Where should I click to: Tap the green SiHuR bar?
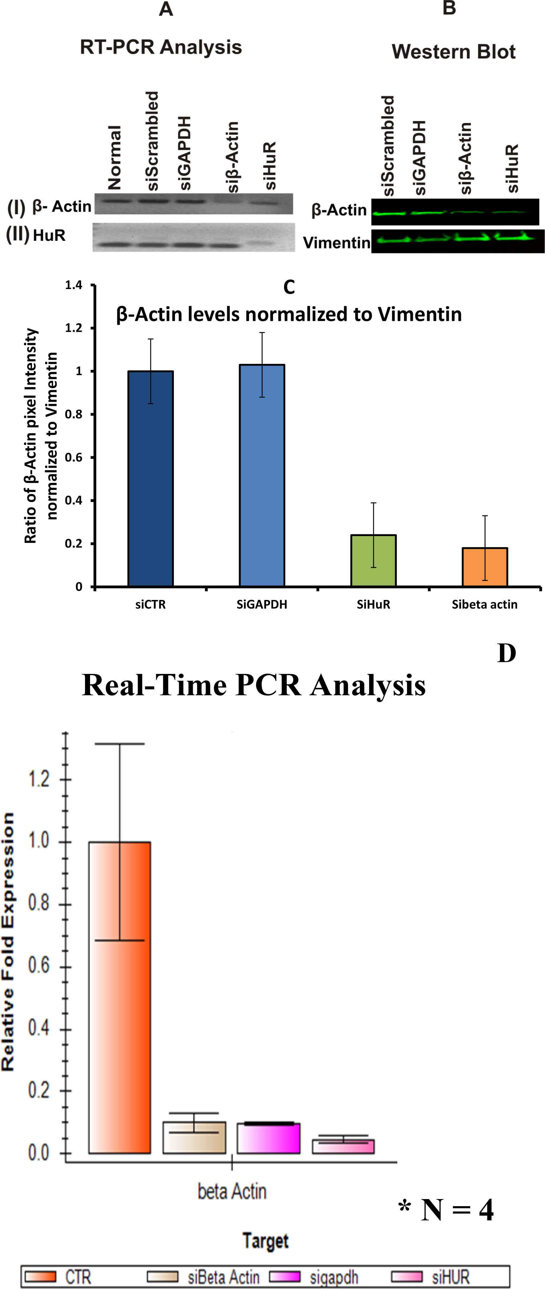tap(373, 560)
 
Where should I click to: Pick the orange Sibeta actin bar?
tap(484, 567)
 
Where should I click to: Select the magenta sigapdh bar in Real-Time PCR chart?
tap(268, 1138)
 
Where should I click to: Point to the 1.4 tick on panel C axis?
tap(74, 285)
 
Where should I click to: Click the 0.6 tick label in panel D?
tap(39, 965)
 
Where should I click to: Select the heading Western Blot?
tap(453, 51)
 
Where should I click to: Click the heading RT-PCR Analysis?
tap(161, 47)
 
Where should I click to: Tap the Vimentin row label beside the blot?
tap(336, 243)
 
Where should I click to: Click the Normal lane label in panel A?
tap(115, 158)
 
